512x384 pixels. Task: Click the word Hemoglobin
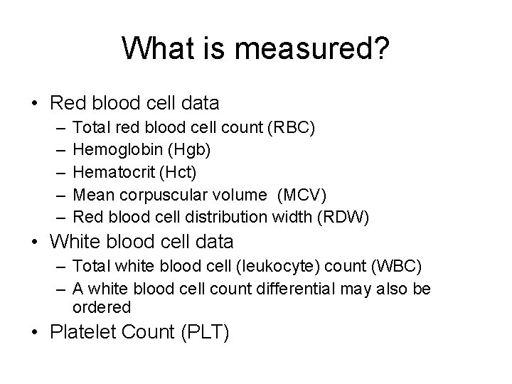[x=107, y=150]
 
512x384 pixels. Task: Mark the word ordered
[x=102, y=307]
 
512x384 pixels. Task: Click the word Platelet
[x=81, y=333]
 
